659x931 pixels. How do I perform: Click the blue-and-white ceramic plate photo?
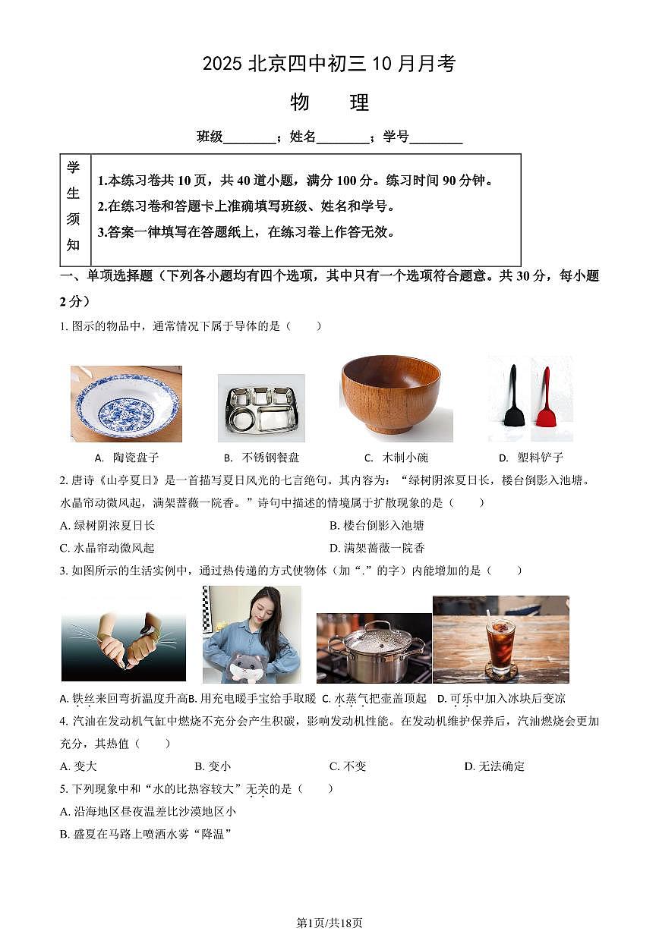(x=126, y=404)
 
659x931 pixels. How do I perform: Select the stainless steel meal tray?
(x=261, y=408)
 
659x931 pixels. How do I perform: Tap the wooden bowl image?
(x=391, y=395)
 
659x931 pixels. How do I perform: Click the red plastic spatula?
(x=544, y=398)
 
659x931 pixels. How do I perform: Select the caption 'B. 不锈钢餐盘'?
(x=261, y=458)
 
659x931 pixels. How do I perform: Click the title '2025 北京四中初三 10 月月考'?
(x=329, y=64)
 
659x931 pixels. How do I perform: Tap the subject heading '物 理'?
(x=329, y=102)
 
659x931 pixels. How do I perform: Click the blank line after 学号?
(x=436, y=138)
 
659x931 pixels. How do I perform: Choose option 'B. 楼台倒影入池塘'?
(x=377, y=525)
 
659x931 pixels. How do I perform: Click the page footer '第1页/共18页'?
(x=329, y=923)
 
